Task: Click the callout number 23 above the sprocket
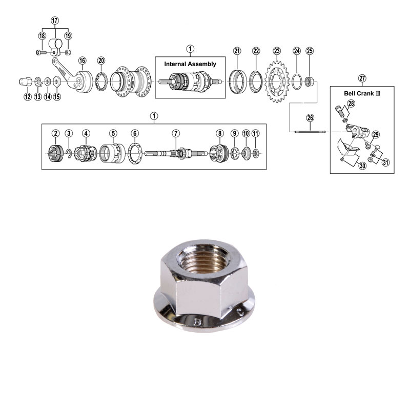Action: coord(277,51)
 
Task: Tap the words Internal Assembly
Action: coord(190,64)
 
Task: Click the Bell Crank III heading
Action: coord(362,93)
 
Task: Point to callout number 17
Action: coord(55,20)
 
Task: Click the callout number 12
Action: coord(28,97)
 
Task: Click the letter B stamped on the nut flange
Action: coord(198,322)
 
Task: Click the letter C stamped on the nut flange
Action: coord(240,312)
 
